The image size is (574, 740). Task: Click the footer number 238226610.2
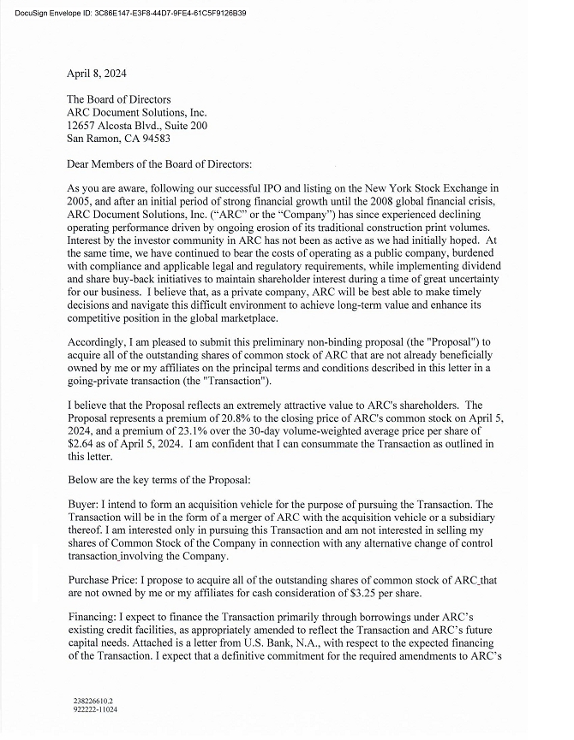click(93, 700)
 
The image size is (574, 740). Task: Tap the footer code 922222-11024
click(95, 709)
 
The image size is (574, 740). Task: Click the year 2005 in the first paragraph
click(81, 199)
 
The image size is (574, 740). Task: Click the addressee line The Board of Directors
click(118, 99)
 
